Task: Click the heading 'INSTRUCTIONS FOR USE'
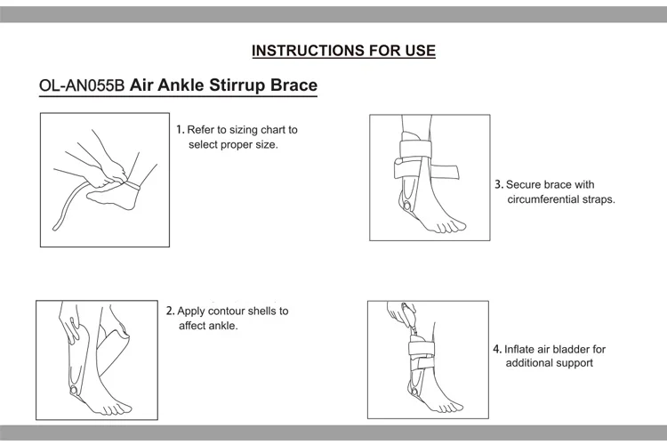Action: click(343, 51)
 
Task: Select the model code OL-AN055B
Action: click(83, 87)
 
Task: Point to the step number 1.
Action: click(180, 129)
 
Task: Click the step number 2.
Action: click(171, 311)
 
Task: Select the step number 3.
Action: click(499, 184)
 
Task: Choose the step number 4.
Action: click(497, 349)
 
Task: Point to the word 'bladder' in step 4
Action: click(571, 349)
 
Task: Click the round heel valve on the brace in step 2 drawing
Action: click(70, 392)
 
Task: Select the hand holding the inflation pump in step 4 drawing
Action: click(398, 313)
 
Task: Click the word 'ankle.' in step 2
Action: click(222, 326)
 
